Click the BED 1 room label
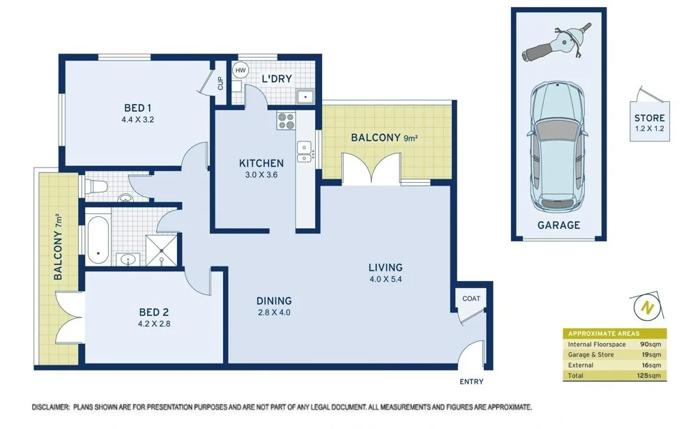[x=138, y=107]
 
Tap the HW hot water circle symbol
[x=241, y=70]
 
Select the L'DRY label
[x=276, y=79]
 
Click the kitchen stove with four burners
[x=287, y=121]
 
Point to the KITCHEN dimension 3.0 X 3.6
[x=261, y=175]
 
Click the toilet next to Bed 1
[x=96, y=186]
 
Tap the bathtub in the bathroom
[x=98, y=239]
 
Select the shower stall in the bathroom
[x=161, y=250]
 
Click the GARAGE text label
[x=558, y=225]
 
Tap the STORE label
[x=649, y=118]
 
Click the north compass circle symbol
[x=646, y=306]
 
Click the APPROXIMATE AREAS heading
[x=603, y=333]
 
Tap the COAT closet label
[x=471, y=299]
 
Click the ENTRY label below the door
[x=471, y=382]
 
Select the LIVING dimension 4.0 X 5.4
[x=386, y=281]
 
